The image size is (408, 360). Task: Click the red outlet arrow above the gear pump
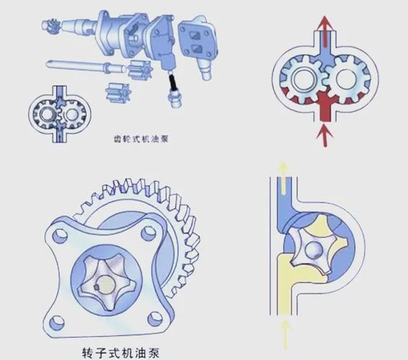324,31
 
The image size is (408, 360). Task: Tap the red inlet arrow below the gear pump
324,135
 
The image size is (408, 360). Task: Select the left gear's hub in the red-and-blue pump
303,79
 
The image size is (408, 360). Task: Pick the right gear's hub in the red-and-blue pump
345,78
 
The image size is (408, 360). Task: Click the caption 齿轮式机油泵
141,139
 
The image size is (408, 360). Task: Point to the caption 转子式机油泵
120,353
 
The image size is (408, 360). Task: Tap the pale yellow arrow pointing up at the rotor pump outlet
283,177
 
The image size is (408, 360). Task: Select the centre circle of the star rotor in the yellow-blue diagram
314,250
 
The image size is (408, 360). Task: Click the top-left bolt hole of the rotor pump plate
60,235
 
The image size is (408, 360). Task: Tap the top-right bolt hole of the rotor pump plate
148,233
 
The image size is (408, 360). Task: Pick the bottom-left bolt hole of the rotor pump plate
57,323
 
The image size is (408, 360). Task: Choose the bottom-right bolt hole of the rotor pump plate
155,319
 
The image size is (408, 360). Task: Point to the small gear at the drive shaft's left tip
53,25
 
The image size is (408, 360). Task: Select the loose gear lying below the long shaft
119,92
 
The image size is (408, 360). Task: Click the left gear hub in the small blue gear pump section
47,114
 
